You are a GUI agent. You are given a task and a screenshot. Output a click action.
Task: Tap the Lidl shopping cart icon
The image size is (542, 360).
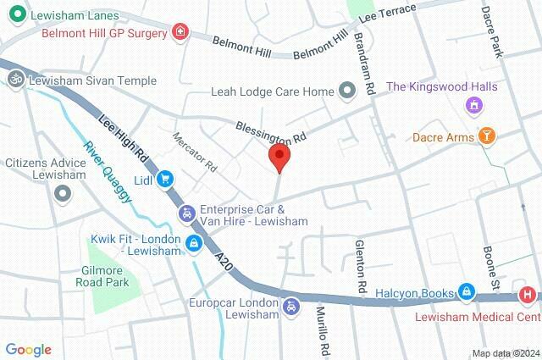(166, 179)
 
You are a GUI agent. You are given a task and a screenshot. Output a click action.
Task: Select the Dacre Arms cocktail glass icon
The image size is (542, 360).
(487, 136)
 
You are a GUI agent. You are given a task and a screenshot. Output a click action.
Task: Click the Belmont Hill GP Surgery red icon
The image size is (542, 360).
(179, 33)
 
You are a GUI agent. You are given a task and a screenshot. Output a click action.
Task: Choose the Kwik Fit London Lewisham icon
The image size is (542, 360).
(194, 244)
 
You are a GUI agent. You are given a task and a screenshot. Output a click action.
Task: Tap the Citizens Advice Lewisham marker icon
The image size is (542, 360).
(62, 194)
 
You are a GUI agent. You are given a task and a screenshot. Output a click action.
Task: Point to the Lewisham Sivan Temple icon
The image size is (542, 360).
(14, 80)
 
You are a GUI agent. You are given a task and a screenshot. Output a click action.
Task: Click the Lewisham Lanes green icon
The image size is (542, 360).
(14, 14)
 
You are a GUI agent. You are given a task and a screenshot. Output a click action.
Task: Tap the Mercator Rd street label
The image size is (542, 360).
(195, 149)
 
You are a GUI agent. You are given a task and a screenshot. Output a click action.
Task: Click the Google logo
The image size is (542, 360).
(28, 350)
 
